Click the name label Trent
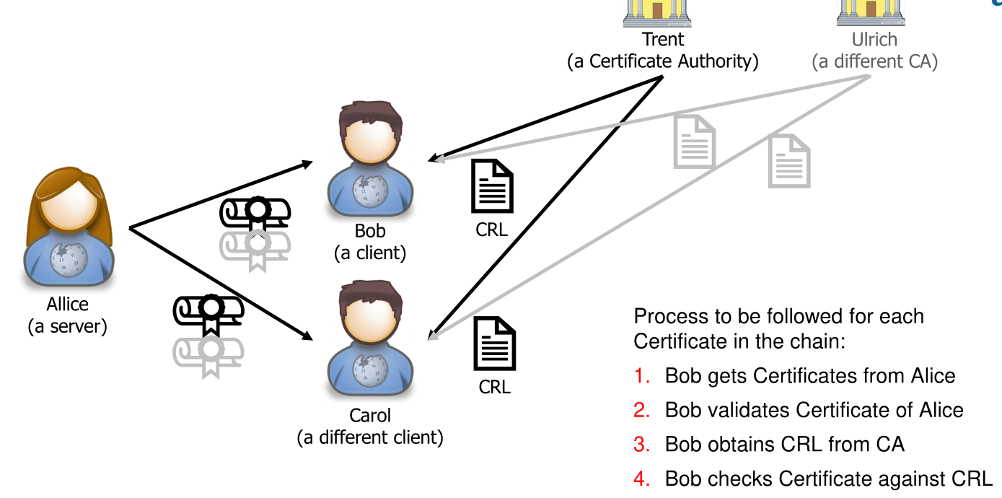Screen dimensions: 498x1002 coord(663,39)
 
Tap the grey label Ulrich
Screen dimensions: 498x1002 coord(874,39)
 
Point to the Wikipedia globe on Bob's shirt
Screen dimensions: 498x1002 coord(370,190)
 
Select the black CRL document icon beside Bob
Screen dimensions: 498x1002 coord(492,185)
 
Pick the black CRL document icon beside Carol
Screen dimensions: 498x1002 coord(494,344)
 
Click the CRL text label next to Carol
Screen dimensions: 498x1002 coord(494,388)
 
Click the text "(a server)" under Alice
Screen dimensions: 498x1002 coord(67,326)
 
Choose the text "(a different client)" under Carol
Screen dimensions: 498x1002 coord(370,437)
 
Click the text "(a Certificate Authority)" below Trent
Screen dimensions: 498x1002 coord(663,62)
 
